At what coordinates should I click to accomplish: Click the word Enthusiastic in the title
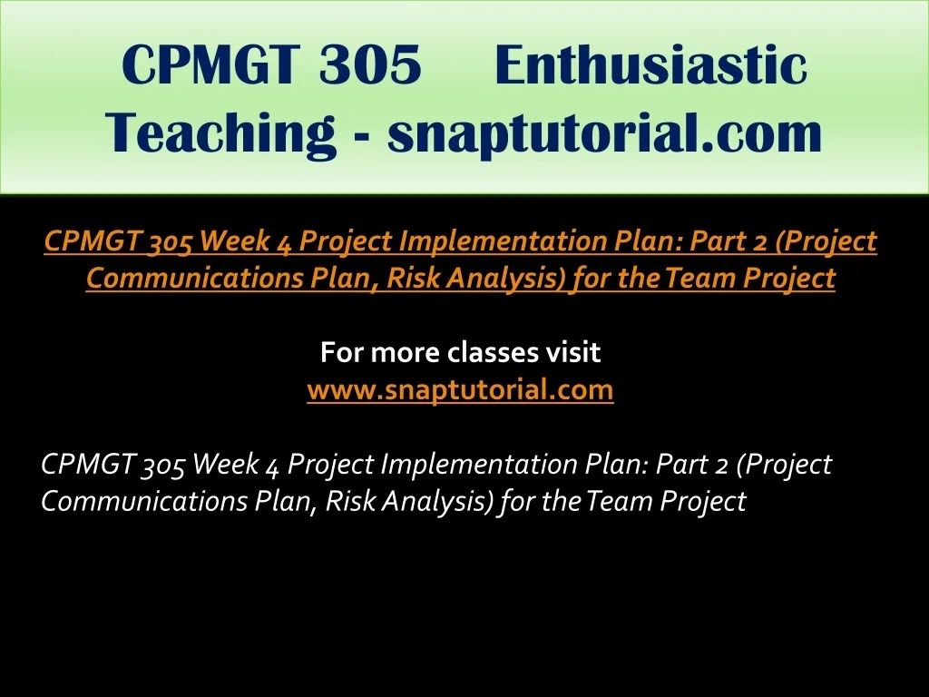point(651,64)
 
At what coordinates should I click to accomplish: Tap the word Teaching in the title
point(220,133)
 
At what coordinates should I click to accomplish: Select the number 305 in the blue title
point(370,64)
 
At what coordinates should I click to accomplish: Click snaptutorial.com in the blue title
point(605,133)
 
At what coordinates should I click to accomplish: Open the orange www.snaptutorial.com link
point(460,389)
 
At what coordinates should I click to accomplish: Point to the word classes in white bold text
point(486,352)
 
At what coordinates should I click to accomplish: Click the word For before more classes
point(341,352)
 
